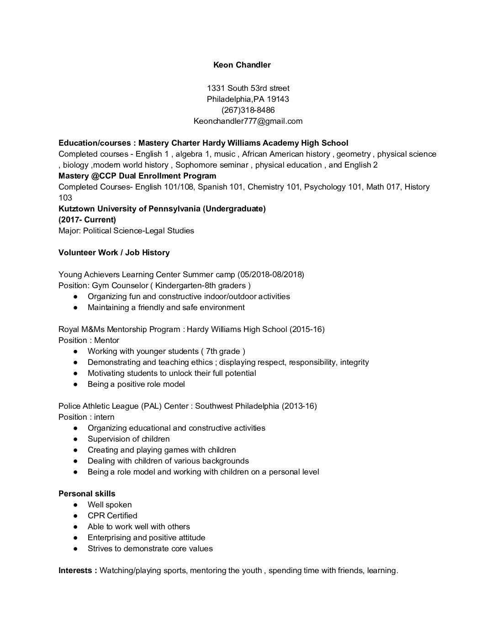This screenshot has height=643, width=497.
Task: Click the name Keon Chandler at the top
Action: (242, 65)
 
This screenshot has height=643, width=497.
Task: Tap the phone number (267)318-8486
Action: (248, 110)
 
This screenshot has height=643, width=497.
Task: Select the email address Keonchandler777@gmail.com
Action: (248, 121)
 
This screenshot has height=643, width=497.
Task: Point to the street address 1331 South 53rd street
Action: (248, 88)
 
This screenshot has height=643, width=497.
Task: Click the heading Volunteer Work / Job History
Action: (114, 253)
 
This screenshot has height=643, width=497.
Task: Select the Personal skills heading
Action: (87, 494)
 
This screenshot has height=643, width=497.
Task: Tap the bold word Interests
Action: (76, 570)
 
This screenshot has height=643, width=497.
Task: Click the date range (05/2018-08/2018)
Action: (270, 274)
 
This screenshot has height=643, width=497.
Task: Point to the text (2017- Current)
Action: (87, 220)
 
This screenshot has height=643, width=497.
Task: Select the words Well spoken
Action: (110, 505)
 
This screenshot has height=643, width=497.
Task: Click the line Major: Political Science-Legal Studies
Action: (126, 231)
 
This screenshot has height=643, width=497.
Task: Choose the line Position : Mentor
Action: (89, 340)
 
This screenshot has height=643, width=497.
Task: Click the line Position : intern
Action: (86, 417)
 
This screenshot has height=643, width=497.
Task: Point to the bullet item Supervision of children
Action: (128, 439)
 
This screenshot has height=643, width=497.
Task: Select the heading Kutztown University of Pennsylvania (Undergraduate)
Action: (162, 209)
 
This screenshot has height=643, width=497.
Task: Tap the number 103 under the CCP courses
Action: (65, 198)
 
